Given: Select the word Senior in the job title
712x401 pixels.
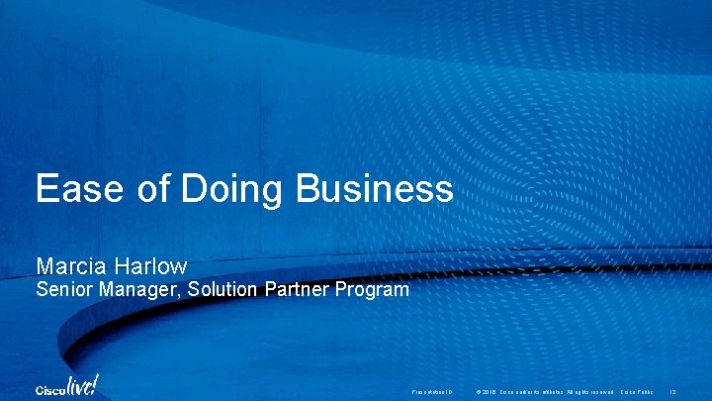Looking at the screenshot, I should pos(62,290).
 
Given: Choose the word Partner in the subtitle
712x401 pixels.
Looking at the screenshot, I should pos(296,290).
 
